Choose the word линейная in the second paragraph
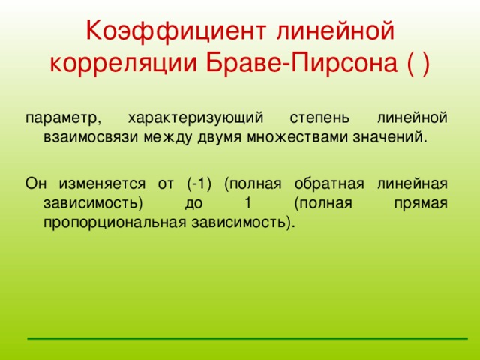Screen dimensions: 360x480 415,184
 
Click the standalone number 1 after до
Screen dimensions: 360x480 247,203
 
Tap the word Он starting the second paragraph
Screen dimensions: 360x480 35,184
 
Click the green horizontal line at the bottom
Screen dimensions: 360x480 247,338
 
